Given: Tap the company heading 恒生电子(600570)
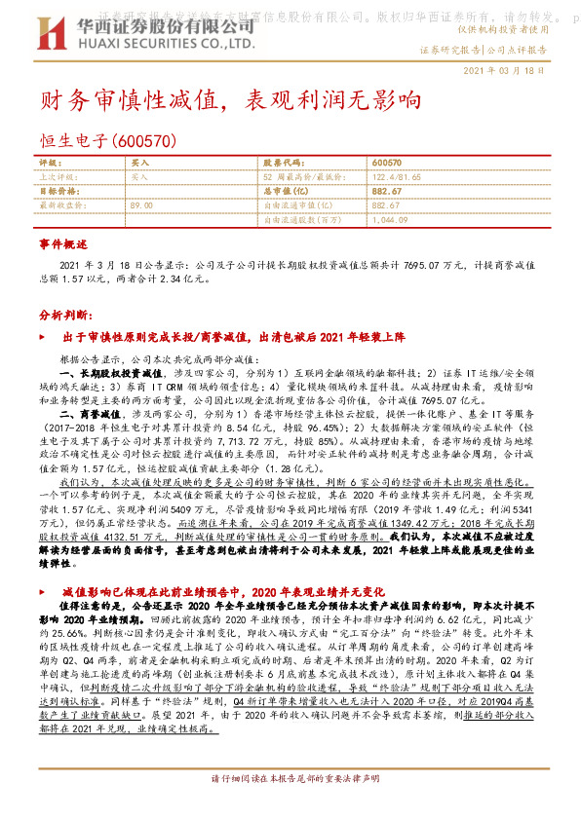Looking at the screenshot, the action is (107, 140).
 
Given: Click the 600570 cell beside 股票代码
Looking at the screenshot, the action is (387, 163).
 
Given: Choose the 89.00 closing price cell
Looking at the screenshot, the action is (141, 205).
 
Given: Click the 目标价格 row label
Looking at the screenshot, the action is (57, 192).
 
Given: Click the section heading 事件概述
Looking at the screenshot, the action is (63, 243).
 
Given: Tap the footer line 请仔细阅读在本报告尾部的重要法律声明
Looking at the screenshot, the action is (290, 807).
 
